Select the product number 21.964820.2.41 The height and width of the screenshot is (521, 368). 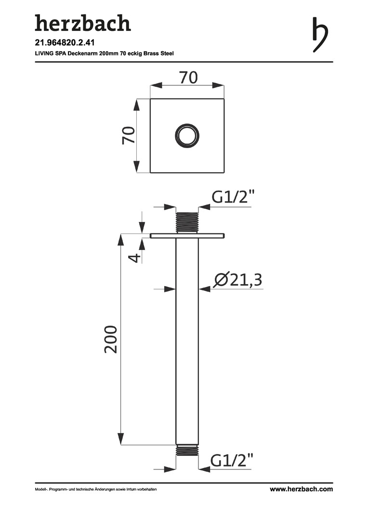(62, 43)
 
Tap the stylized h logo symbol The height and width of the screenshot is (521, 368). (320, 34)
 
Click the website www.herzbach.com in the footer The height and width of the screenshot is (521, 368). (301, 489)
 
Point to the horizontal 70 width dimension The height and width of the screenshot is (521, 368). (188, 77)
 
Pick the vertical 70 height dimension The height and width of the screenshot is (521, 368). (129, 135)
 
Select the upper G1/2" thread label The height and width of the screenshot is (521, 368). (233, 197)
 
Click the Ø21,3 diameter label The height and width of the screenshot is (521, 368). (238, 280)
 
